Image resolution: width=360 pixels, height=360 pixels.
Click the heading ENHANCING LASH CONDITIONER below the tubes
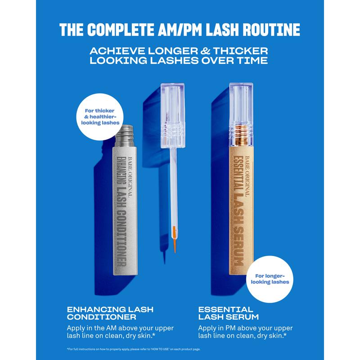[x=110, y=314]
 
